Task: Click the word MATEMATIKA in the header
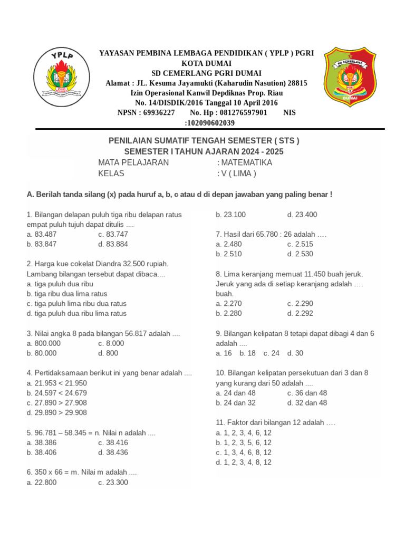coord(246,162)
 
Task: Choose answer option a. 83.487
coord(41,234)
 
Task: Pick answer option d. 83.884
coord(113,244)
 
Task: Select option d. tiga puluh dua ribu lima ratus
coord(76,313)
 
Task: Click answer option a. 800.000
coord(43,343)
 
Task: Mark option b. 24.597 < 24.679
coord(56,393)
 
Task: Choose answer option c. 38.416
coord(113,442)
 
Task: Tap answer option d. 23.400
coord(302,215)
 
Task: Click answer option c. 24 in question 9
coord(271,353)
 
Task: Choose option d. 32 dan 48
coord(307,403)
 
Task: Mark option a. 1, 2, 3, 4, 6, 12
coord(244,432)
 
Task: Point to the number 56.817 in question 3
coord(136,333)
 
